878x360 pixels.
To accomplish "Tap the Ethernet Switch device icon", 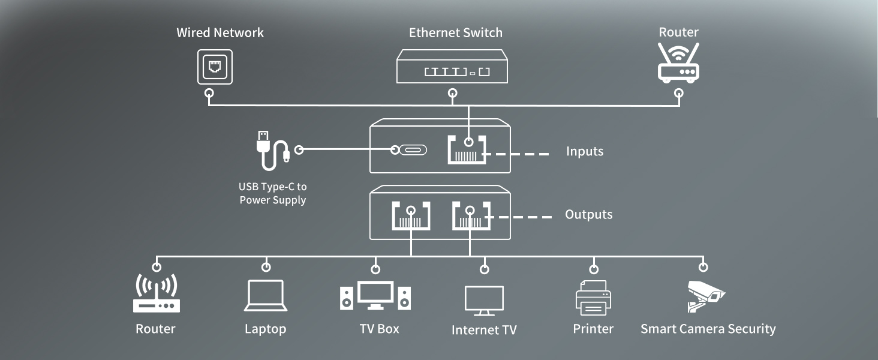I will pyautogui.click(x=452, y=66).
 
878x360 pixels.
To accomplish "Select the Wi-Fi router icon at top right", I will pyautogui.click(x=678, y=63).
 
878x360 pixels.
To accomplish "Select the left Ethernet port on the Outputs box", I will pyautogui.click(x=411, y=216).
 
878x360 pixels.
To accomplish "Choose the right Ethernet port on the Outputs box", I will pyautogui.click(x=471, y=216).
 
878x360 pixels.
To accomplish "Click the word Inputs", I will pyautogui.click(x=584, y=151).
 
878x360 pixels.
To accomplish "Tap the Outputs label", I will pyautogui.click(x=588, y=215).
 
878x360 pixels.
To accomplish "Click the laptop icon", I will pyautogui.click(x=265, y=296).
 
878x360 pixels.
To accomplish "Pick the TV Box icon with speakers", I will pyautogui.click(x=375, y=296).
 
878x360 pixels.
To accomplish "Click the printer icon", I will pyautogui.click(x=593, y=298).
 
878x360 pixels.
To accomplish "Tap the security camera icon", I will pyautogui.click(x=705, y=296).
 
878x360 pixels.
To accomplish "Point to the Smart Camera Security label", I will pyautogui.click(x=708, y=329).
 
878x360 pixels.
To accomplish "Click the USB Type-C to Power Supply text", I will pyautogui.click(x=273, y=194).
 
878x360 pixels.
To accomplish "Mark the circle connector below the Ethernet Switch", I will pyautogui.click(x=453, y=93).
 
